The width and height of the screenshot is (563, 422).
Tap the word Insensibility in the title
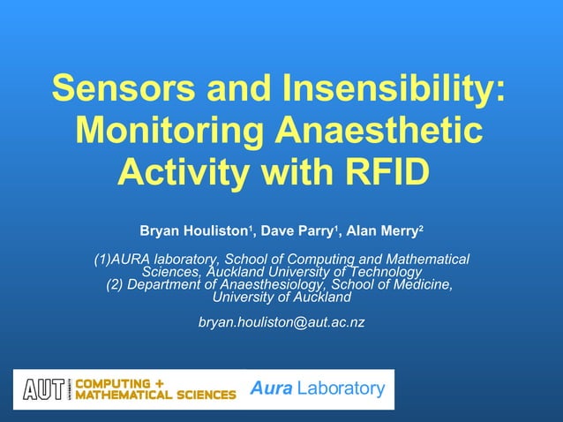(x=394, y=88)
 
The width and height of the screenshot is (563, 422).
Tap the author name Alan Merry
(x=381, y=231)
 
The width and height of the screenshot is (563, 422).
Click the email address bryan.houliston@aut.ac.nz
(x=281, y=322)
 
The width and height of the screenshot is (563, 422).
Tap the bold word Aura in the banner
(x=269, y=388)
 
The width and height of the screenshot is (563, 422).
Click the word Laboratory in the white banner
(x=341, y=388)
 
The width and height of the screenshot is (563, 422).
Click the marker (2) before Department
(x=116, y=284)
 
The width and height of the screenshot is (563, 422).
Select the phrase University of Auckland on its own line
(x=276, y=297)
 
